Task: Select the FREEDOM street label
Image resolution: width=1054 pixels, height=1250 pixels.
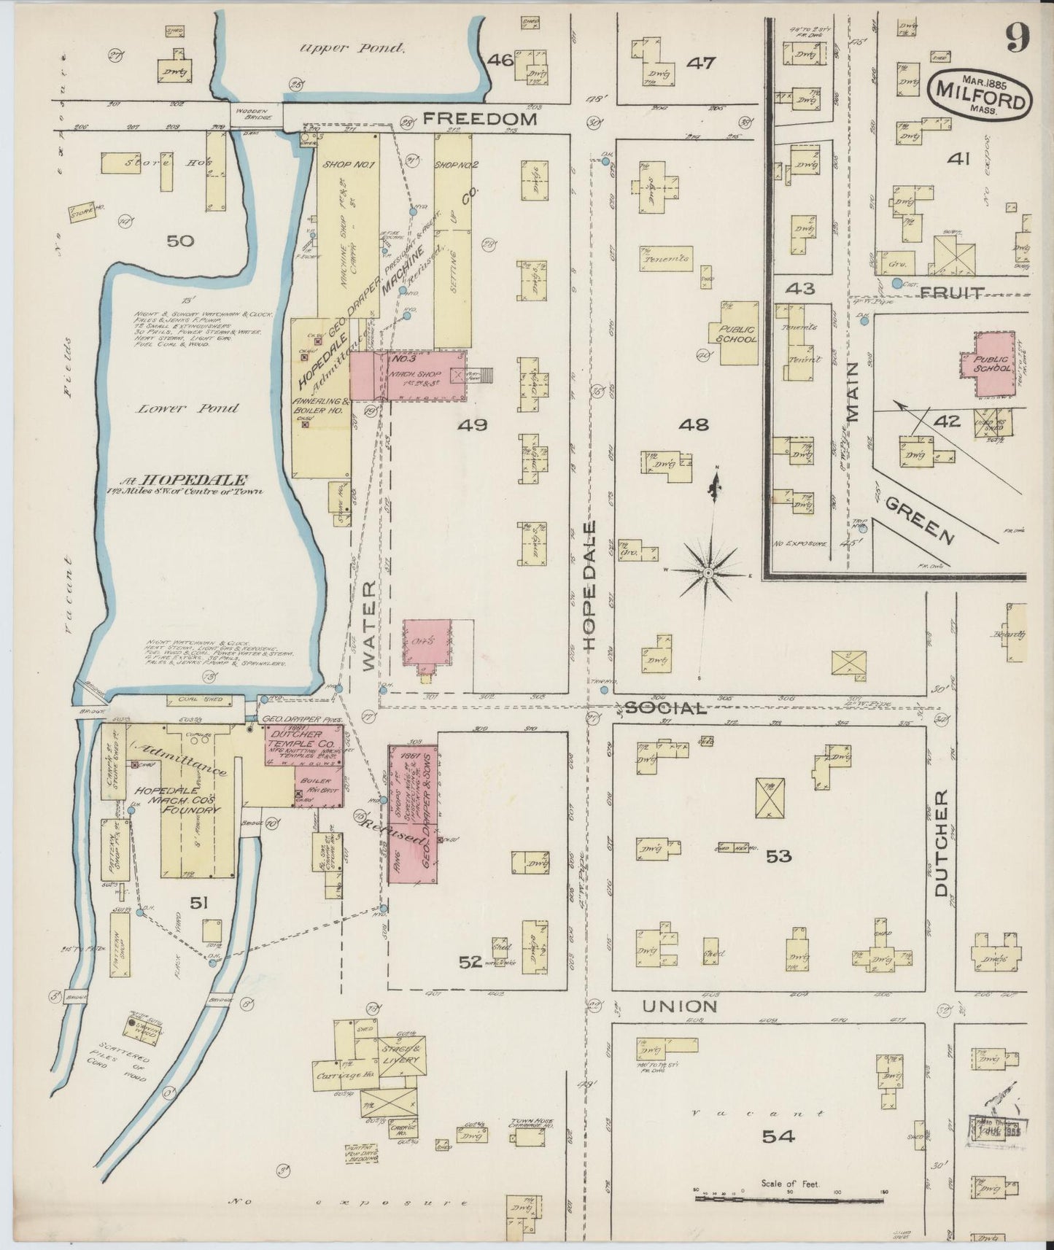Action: point(480,118)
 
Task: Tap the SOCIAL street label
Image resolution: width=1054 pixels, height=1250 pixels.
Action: point(666,707)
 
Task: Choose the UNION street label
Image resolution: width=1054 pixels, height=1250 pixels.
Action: point(679,1006)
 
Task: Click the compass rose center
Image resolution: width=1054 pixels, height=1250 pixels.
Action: point(707,575)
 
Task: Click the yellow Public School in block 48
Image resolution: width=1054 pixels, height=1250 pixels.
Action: point(736,334)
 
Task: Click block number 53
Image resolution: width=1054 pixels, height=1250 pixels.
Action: point(778,855)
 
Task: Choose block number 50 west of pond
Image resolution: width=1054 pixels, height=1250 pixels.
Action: point(180,241)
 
